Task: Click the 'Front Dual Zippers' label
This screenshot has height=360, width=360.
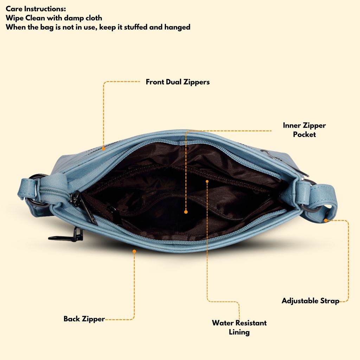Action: (178, 82)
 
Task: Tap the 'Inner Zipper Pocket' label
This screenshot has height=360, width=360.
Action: (304, 130)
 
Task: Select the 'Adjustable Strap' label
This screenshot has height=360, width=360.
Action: (310, 301)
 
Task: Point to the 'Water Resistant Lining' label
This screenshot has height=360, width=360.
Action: (239, 327)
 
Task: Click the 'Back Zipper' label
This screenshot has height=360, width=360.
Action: (84, 319)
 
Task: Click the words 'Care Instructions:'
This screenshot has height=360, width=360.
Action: (36, 9)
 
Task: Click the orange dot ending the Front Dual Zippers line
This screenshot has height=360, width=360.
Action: (104, 149)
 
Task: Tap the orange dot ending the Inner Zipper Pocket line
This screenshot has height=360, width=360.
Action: (186, 212)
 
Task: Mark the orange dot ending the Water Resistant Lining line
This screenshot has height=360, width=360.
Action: (207, 181)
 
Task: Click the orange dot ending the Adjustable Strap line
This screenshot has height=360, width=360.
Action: (326, 220)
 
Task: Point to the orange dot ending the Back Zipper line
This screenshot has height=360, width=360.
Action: (134, 251)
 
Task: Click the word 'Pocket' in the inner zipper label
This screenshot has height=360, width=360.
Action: (304, 134)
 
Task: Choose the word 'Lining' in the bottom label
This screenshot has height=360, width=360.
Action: (239, 332)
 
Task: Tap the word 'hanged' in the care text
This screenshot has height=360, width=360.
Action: (178, 27)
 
